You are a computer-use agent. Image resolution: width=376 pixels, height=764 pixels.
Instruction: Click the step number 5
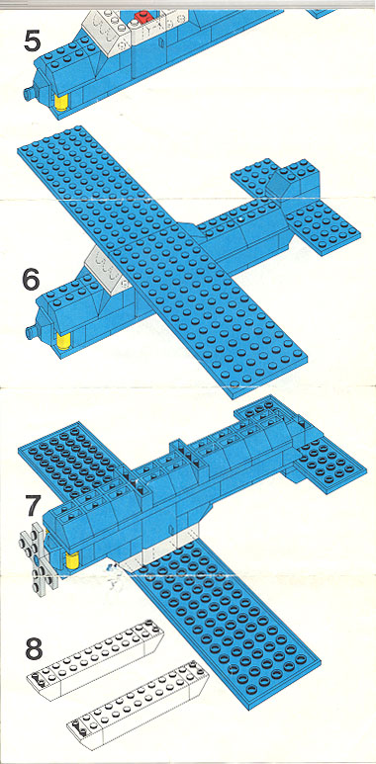32,42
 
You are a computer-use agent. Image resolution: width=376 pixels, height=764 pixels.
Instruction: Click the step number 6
31,280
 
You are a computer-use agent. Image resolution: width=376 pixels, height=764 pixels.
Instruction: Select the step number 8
35,649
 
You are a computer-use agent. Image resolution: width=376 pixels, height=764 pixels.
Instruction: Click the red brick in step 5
142,18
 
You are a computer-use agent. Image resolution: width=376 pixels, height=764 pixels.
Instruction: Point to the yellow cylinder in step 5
61,103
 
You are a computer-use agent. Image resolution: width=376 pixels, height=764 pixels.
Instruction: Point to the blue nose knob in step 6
33,333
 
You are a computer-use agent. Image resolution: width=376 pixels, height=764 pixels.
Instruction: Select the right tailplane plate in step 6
323,224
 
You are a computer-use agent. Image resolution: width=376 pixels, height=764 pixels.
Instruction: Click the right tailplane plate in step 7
330,462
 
